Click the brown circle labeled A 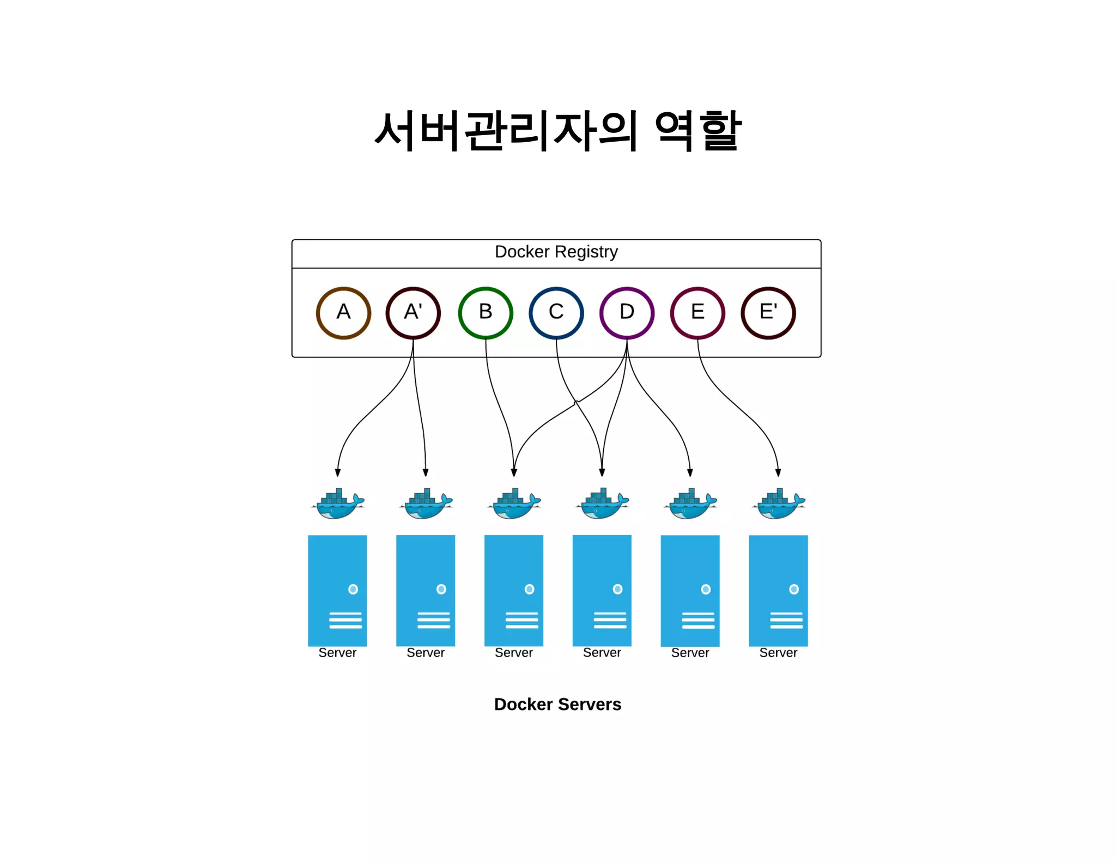343,313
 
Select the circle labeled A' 413,313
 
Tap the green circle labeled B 486,313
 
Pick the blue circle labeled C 556,313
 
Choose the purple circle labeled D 627,313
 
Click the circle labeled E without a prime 697,313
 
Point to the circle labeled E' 768,313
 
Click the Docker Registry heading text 556,252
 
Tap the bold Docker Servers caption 557,704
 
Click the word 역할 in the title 697,131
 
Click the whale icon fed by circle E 778,504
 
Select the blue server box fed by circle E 778,590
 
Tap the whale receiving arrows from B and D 514,504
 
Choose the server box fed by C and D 602,590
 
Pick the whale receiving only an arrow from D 690,504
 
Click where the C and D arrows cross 577,402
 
